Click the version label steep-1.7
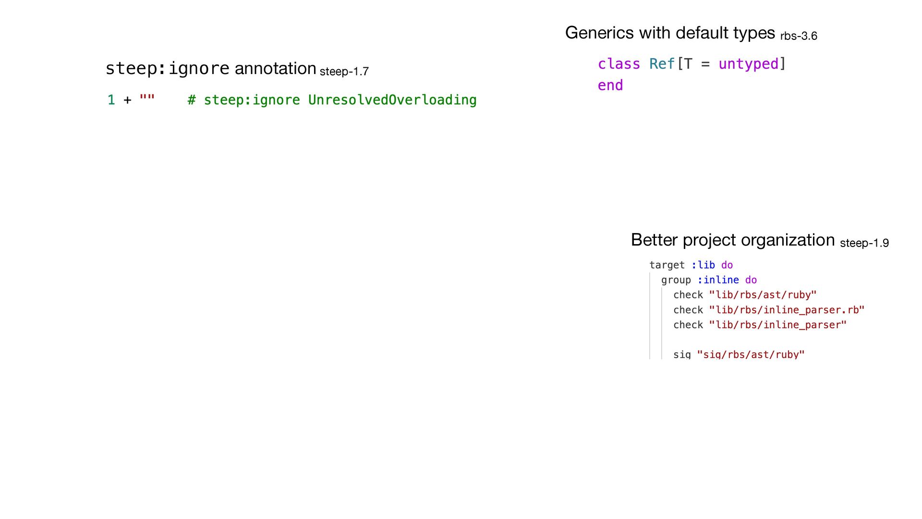(344, 72)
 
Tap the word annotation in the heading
(275, 68)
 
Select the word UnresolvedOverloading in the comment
(392, 100)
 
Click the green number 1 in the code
(111, 100)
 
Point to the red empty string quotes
(147, 99)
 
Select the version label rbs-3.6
(799, 36)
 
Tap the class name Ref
(662, 64)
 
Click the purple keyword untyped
(748, 64)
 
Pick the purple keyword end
(610, 86)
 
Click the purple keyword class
(619, 64)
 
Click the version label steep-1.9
(864, 243)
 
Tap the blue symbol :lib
(703, 265)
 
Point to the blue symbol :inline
(718, 280)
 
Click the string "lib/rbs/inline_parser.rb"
(787, 310)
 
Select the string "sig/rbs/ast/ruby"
(751, 355)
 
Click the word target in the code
(667, 265)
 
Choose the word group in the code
(676, 280)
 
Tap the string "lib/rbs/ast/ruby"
(763, 295)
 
